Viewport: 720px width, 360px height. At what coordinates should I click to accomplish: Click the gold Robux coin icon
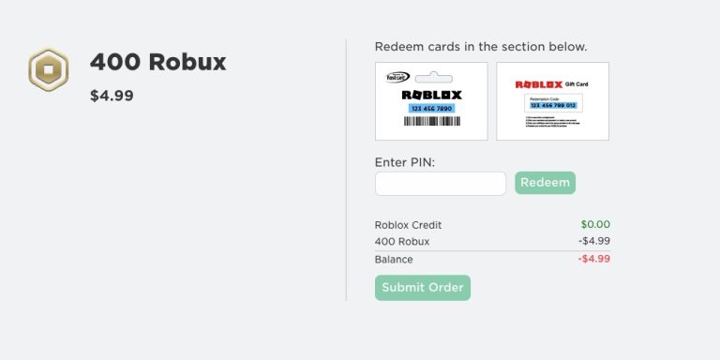click(48, 69)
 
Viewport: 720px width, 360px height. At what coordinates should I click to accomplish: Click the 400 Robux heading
click(157, 63)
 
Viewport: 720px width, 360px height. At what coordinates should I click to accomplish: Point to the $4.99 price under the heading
click(112, 96)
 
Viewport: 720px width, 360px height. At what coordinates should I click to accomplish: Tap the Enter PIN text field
click(440, 184)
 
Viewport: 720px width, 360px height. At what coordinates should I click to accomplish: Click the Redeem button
click(545, 183)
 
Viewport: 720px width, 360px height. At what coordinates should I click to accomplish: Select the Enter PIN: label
click(405, 162)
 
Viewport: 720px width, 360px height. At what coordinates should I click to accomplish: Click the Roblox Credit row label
click(408, 225)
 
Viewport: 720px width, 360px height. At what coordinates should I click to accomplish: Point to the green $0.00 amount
click(594, 225)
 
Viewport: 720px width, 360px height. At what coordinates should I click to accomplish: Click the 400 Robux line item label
click(402, 242)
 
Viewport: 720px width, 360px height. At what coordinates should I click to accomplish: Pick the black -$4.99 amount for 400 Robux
click(593, 242)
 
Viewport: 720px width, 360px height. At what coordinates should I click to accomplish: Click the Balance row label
click(394, 260)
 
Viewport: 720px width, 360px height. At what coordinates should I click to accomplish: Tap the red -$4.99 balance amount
click(593, 260)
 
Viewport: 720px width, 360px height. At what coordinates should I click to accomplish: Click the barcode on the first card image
click(430, 122)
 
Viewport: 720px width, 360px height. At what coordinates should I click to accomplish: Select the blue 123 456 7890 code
click(430, 109)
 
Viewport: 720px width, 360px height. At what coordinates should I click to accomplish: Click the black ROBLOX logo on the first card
click(431, 95)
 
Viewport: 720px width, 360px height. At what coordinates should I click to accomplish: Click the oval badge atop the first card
click(398, 77)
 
